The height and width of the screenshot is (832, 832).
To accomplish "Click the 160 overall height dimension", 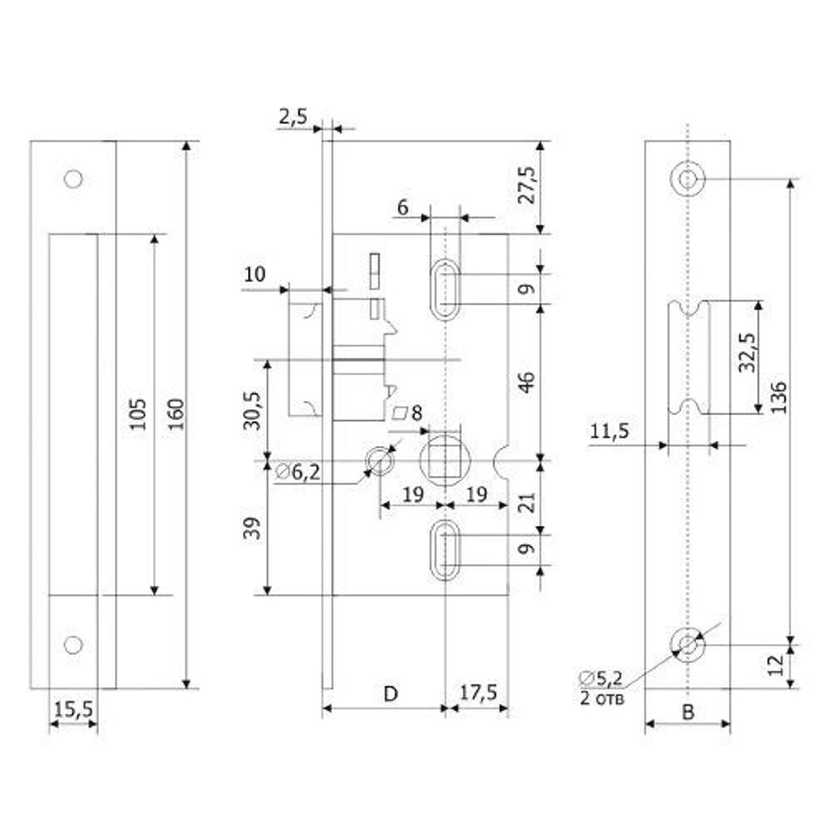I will point(176,414).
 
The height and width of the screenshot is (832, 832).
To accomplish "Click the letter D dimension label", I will point(389,692).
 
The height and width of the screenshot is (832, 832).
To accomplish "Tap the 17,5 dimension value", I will point(478,692).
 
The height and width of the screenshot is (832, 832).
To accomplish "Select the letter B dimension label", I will point(687,711).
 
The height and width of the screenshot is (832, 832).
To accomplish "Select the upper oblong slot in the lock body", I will point(445,288).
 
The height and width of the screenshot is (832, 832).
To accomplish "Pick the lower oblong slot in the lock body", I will point(445,549).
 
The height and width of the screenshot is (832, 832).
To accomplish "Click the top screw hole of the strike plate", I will point(73,178).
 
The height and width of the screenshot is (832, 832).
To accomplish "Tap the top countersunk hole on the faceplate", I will point(687,179).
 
